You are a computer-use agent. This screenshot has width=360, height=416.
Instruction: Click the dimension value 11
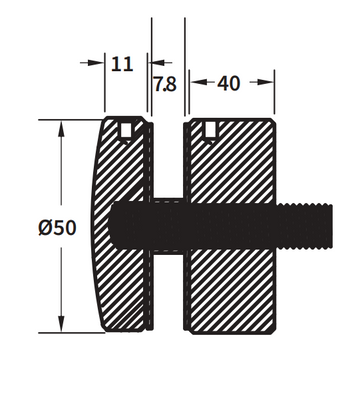[x=123, y=64]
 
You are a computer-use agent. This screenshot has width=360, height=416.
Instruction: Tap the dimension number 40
[x=229, y=84]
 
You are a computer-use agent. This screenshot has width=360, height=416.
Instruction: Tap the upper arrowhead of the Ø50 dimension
[x=63, y=127]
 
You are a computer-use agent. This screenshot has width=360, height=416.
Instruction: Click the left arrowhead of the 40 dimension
[x=194, y=84]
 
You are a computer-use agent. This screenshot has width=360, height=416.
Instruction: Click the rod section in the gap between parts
[x=167, y=223]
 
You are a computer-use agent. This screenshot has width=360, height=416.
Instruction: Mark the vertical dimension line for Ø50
[x=63, y=180]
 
